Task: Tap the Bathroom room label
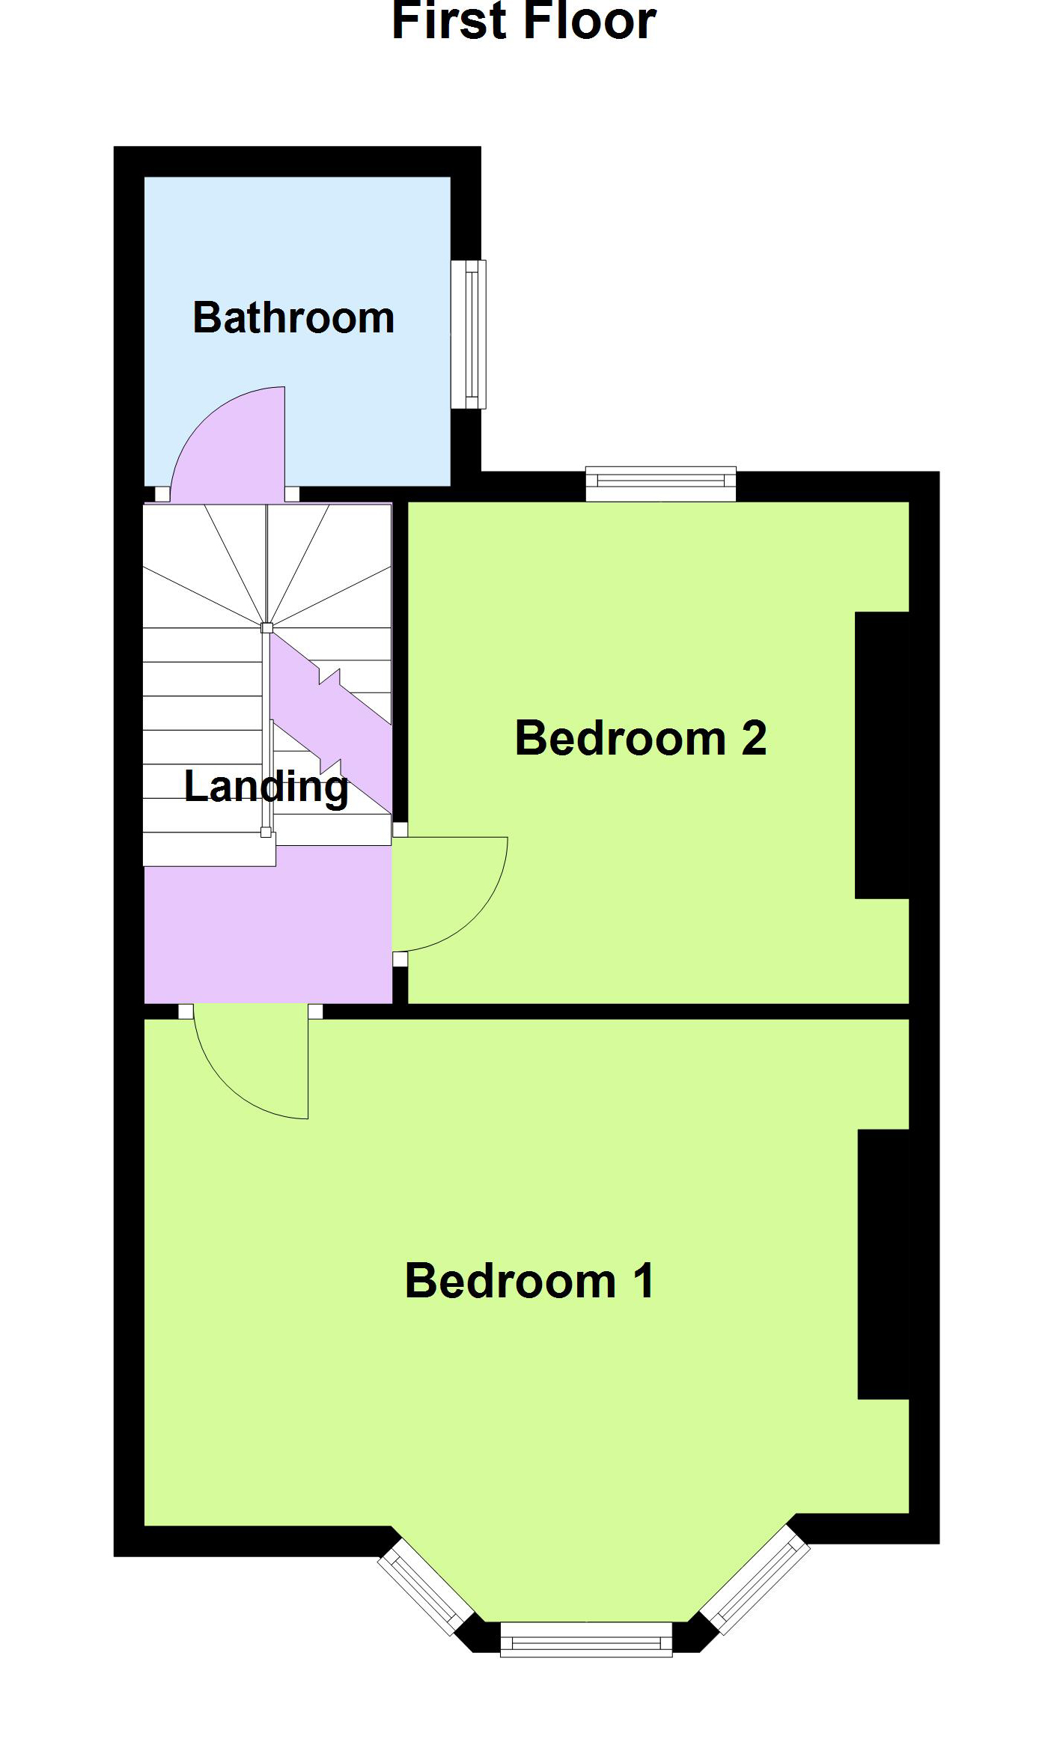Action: click(293, 317)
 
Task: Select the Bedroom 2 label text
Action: click(641, 738)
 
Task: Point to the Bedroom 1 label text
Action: click(529, 1280)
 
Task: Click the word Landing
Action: click(266, 788)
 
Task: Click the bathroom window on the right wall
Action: click(469, 334)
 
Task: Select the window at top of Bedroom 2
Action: click(661, 484)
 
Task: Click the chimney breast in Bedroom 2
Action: click(882, 755)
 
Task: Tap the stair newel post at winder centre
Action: click(266, 627)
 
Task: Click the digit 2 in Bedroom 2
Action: click(754, 738)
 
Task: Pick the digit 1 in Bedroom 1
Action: click(645, 1280)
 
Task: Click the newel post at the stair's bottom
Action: click(266, 832)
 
